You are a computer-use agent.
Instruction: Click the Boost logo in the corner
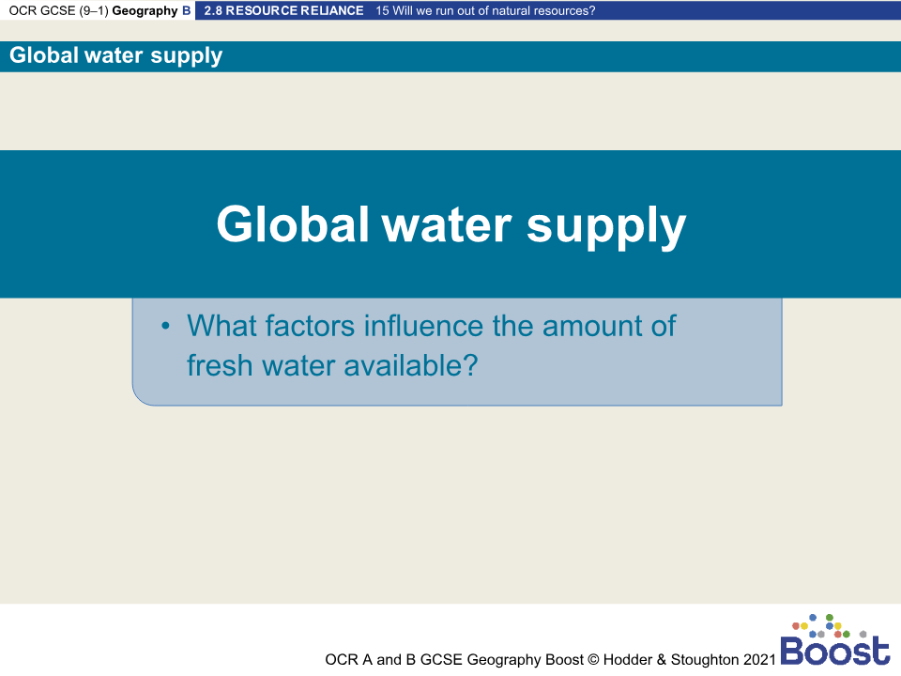tap(834, 642)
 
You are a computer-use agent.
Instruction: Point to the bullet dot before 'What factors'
tap(165, 327)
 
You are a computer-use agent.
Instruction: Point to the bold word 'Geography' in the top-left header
tap(145, 11)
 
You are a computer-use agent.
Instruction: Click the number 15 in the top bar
tap(381, 11)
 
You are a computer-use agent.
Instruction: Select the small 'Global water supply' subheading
tap(116, 55)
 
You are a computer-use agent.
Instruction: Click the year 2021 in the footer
tap(760, 659)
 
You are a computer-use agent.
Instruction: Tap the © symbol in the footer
tap(593, 659)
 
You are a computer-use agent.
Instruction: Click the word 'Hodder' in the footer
tap(627, 659)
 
